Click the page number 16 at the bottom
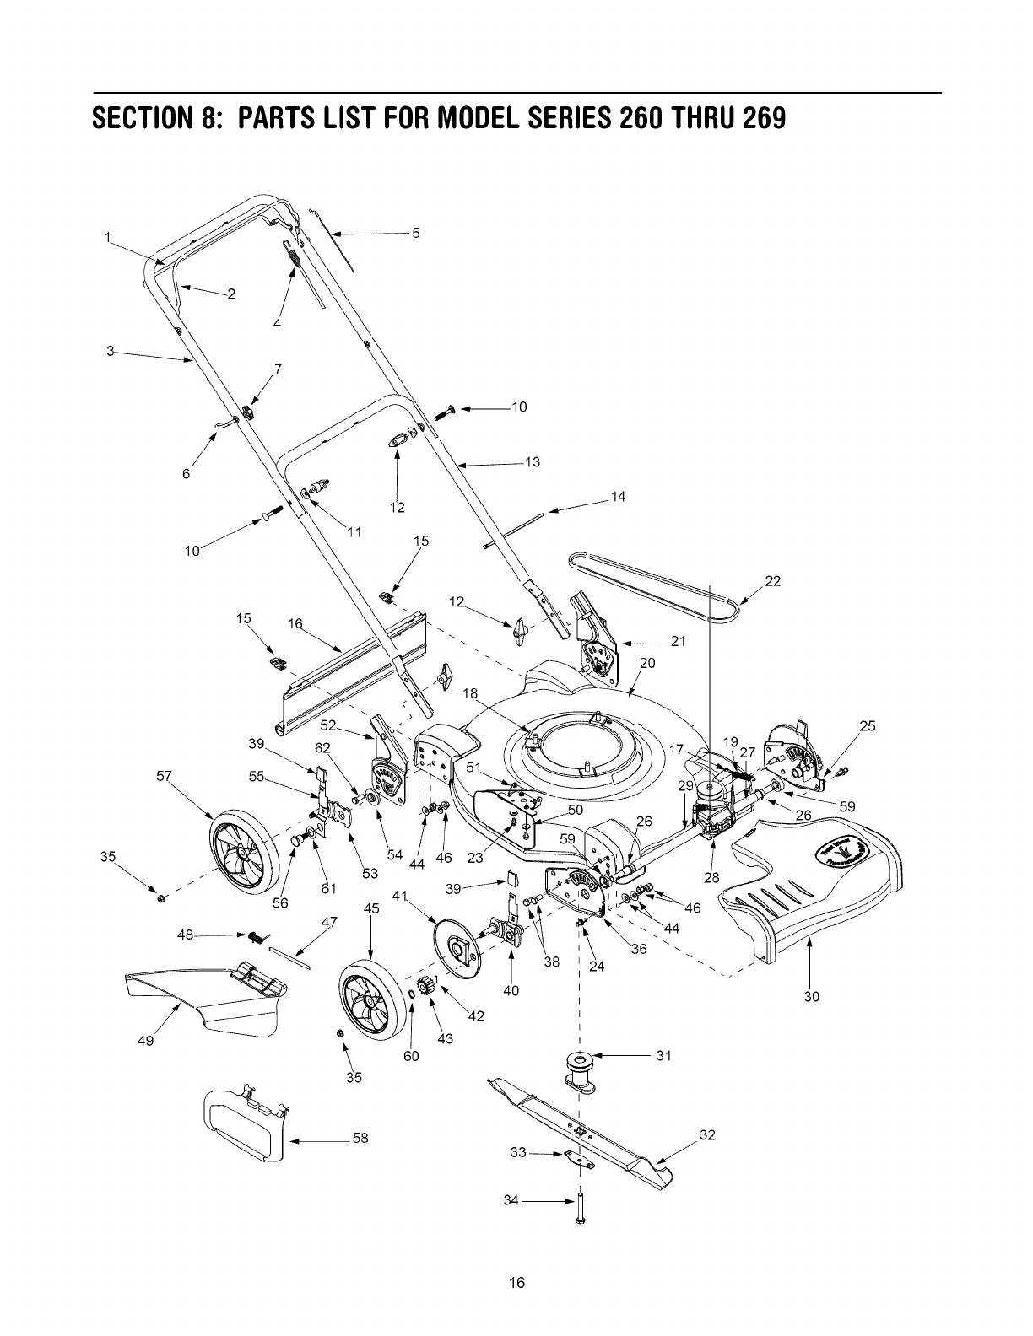point(516,1283)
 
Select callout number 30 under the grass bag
point(811,996)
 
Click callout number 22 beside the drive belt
point(772,580)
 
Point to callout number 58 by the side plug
point(360,1138)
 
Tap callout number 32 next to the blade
point(707,1134)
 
